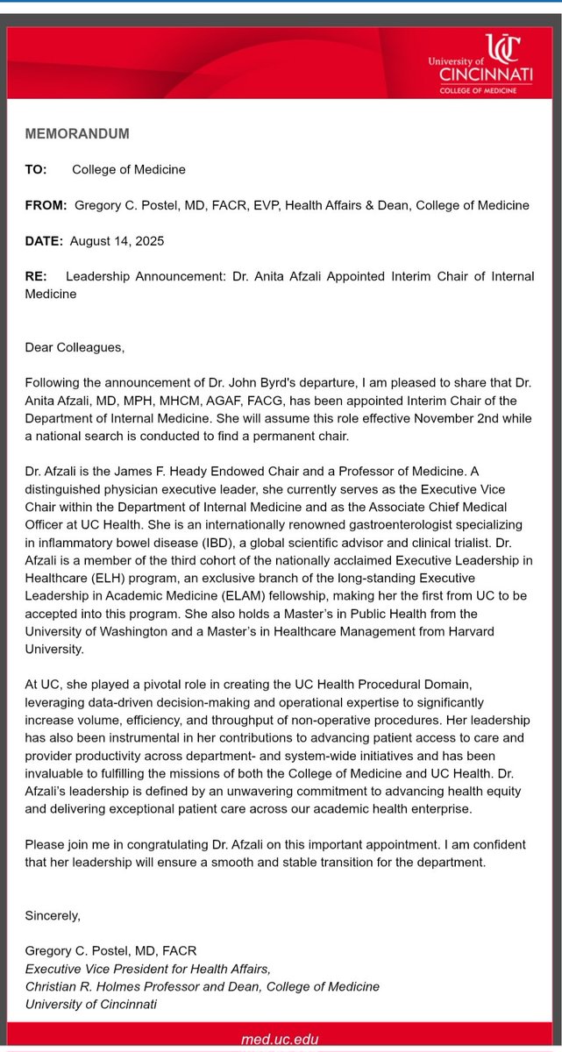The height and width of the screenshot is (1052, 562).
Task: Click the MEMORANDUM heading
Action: (x=77, y=134)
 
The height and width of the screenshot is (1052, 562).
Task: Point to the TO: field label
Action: (x=36, y=169)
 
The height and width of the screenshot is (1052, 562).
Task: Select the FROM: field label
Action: (x=46, y=205)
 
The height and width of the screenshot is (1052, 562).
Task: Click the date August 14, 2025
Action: (x=118, y=241)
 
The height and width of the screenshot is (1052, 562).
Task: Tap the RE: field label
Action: (x=36, y=277)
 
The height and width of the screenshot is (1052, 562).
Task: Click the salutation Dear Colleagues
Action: (x=75, y=348)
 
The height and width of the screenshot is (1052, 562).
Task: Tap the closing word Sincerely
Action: (x=53, y=915)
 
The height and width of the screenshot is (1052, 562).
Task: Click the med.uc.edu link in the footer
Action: (x=281, y=1040)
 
